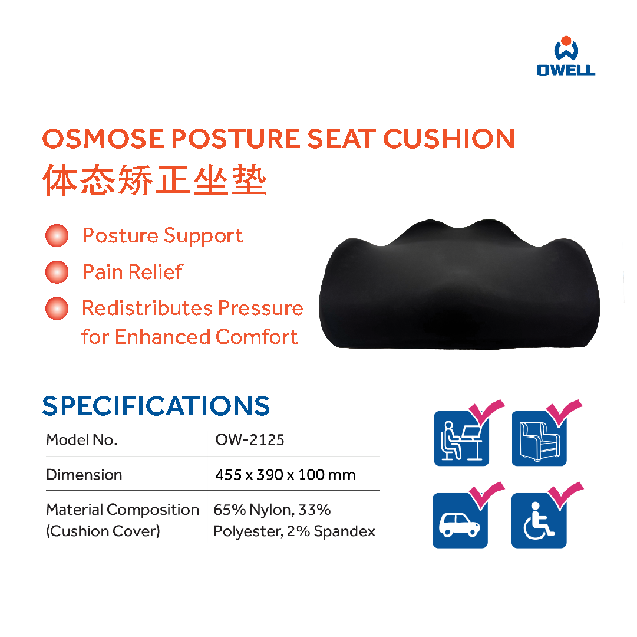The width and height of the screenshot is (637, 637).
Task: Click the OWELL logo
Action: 566,56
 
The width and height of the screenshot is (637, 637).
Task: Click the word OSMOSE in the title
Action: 103,139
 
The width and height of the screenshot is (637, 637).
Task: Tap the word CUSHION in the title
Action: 449,139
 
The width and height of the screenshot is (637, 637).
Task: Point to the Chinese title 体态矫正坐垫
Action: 154,180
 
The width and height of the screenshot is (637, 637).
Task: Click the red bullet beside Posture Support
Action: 57,235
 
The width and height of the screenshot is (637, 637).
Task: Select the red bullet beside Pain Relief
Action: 57,272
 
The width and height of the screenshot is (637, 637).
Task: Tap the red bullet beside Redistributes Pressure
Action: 57,308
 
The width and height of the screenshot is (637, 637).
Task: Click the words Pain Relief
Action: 133,272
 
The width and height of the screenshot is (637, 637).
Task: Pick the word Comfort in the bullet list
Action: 257,337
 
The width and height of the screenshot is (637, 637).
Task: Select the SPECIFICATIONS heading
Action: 156,406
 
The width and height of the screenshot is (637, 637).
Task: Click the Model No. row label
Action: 82,439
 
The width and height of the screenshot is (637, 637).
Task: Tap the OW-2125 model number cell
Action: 250,439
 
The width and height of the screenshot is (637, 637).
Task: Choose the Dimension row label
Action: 84,475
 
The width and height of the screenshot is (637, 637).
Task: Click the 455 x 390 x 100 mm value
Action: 286,475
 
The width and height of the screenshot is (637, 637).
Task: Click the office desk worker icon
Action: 461,439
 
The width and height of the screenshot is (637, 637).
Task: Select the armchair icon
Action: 540,439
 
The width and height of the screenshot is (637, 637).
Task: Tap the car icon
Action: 460,521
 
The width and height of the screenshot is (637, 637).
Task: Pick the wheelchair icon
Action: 539,521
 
